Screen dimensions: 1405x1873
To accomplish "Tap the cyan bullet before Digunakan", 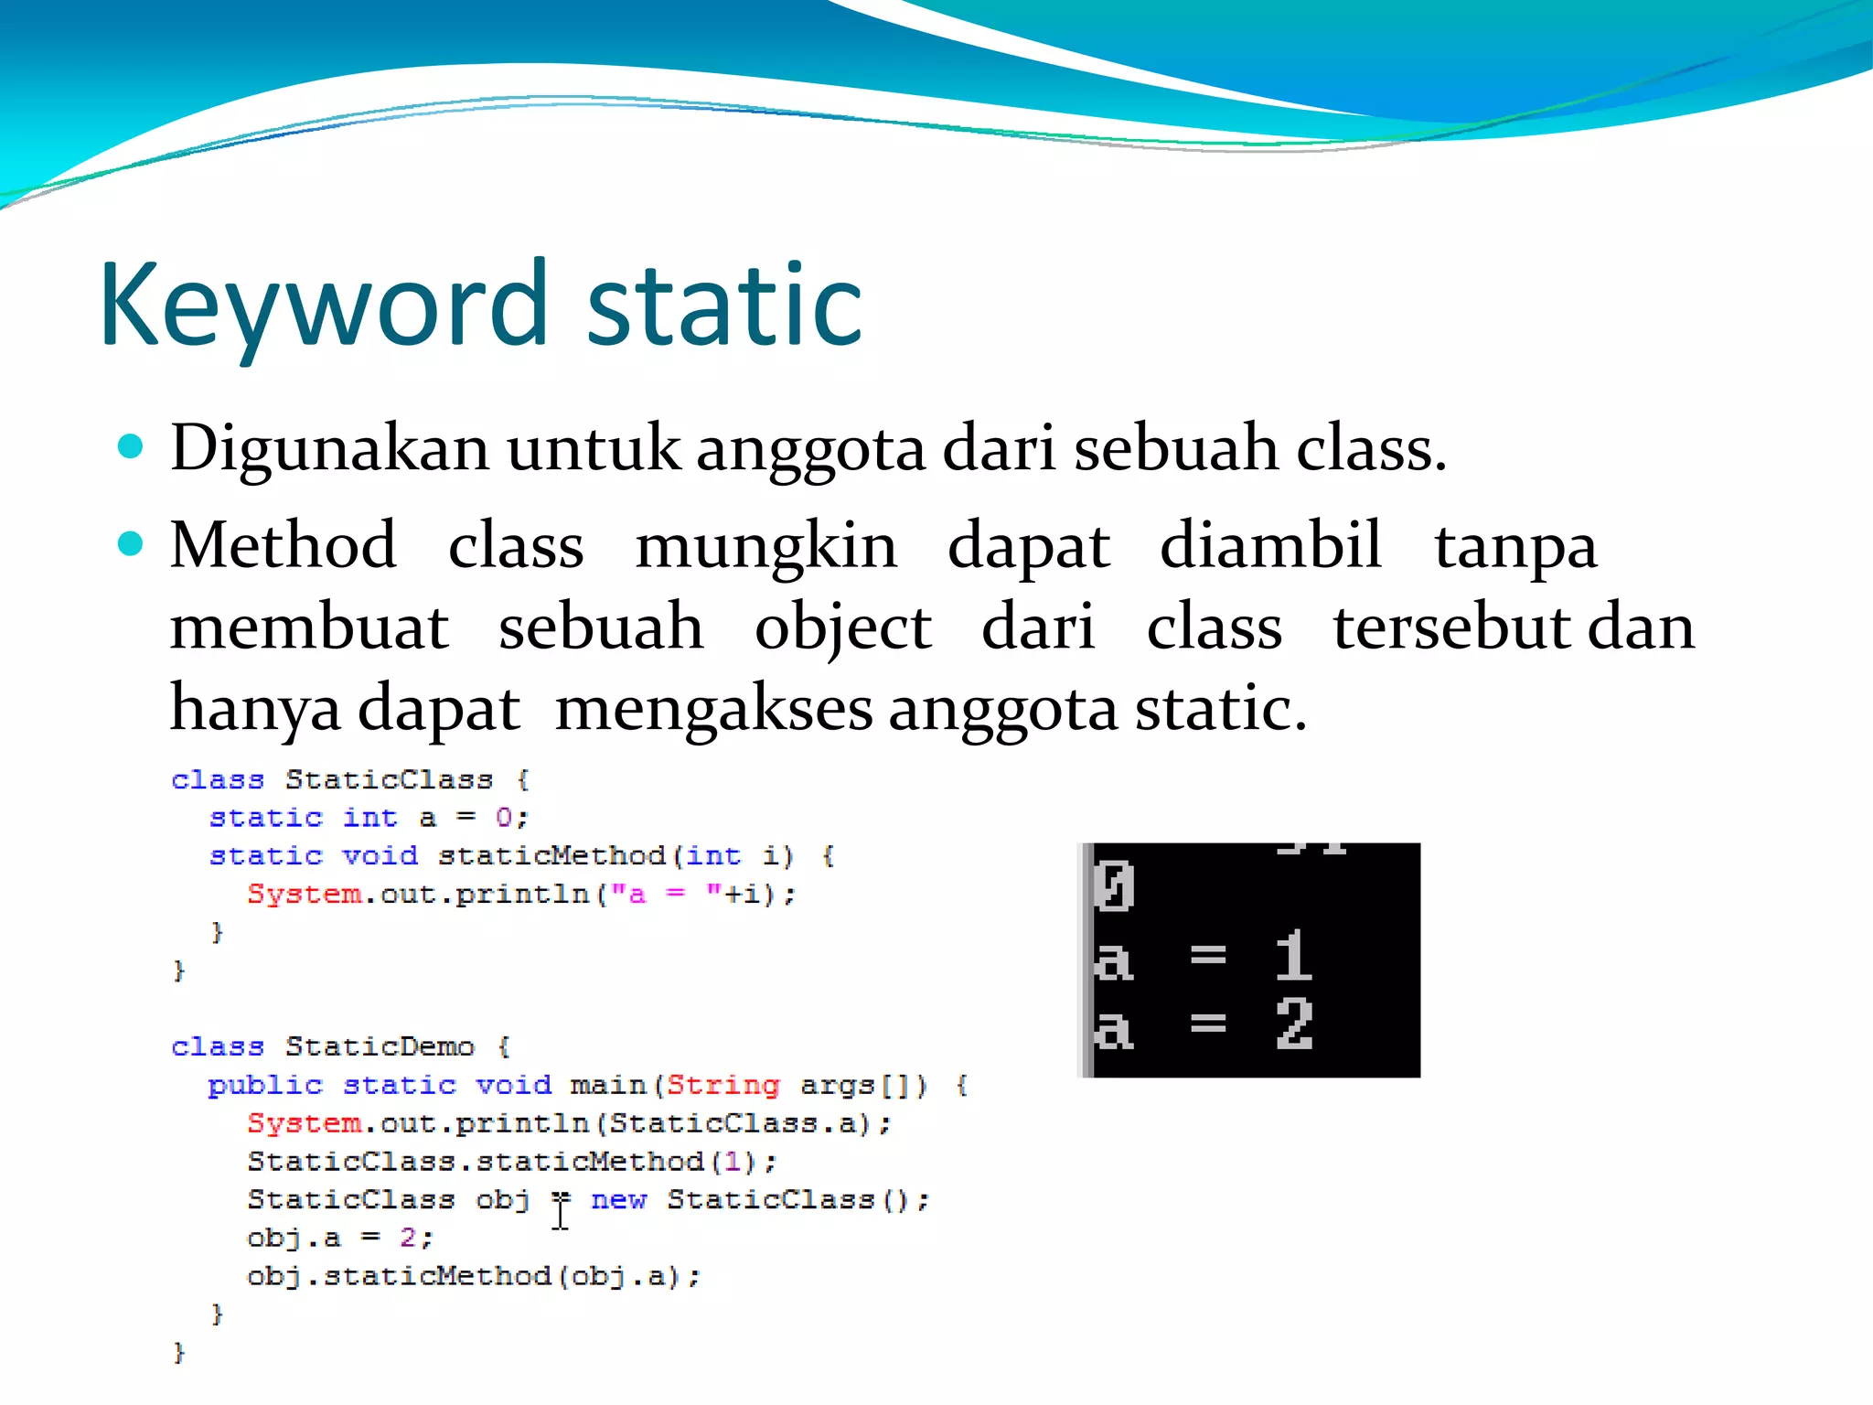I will (x=132, y=446).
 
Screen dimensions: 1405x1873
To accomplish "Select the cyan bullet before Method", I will (x=132, y=544).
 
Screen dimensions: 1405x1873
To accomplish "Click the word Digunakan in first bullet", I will (x=329, y=449).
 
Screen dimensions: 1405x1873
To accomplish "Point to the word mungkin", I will (x=765, y=546).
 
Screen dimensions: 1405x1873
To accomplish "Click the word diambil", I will (x=1270, y=546).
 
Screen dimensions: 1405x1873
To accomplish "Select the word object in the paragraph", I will (x=842, y=628).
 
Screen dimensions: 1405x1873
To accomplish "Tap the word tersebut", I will (x=1451, y=628).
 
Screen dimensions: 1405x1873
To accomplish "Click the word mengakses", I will (x=713, y=709).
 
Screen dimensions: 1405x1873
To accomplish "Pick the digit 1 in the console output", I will (x=1293, y=956).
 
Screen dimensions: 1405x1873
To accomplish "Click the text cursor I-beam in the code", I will (x=561, y=1213).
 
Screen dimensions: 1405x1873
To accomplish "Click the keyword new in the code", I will (x=618, y=1199).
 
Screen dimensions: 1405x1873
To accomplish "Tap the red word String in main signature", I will (x=722, y=1085).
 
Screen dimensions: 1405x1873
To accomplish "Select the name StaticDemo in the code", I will (x=380, y=1046).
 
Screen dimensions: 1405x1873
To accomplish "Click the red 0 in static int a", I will (x=504, y=817).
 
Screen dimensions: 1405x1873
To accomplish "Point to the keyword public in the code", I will (x=265, y=1085).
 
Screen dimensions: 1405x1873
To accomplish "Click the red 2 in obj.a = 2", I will (x=408, y=1238).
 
